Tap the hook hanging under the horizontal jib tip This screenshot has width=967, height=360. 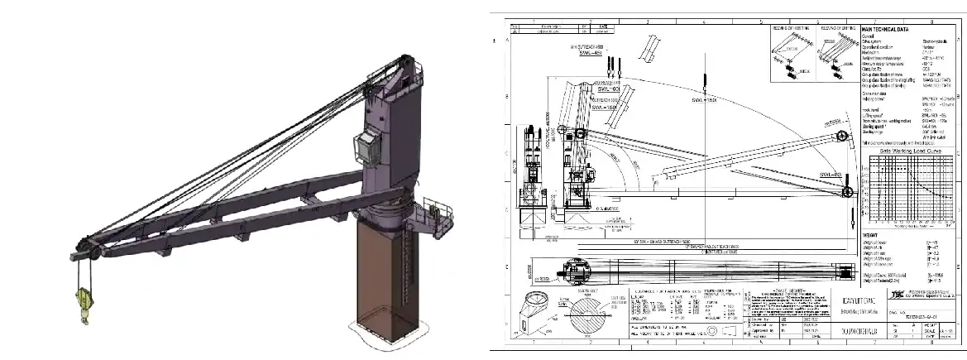click(x=852, y=217)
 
